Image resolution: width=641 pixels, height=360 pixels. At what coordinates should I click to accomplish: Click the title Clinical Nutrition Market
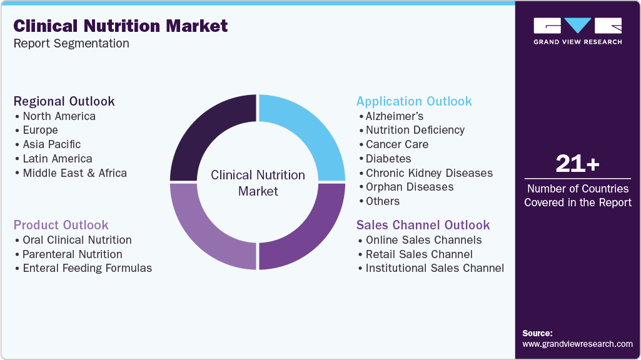[x=121, y=26]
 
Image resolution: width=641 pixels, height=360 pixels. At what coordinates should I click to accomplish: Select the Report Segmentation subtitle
[x=71, y=43]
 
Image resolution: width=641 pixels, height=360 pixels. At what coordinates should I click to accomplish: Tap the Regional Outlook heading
[x=64, y=101]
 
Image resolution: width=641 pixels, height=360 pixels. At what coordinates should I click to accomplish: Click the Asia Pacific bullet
[x=52, y=144]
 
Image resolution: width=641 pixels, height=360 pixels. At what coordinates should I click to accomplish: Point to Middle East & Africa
[x=74, y=173]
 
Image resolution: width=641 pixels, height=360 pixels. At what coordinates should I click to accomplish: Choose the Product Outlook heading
[x=61, y=225]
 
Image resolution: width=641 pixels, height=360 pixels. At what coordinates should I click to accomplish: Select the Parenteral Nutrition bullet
[x=72, y=254]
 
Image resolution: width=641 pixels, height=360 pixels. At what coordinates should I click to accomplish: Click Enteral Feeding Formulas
[x=87, y=268]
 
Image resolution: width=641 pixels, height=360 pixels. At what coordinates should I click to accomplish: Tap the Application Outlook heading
[x=414, y=101]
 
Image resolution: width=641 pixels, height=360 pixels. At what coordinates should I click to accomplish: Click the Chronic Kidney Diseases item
[x=429, y=173]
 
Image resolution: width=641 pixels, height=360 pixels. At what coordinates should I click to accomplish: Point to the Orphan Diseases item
[x=410, y=187]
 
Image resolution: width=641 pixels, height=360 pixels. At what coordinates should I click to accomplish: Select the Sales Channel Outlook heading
[x=423, y=225]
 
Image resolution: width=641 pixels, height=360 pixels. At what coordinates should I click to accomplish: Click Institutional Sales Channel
[x=435, y=268]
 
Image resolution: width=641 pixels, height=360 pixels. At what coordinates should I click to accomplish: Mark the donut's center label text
[x=258, y=182]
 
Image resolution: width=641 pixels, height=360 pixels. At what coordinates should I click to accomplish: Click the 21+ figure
[x=577, y=164]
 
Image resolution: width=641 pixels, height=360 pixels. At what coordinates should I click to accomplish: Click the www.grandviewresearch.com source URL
[x=577, y=344]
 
